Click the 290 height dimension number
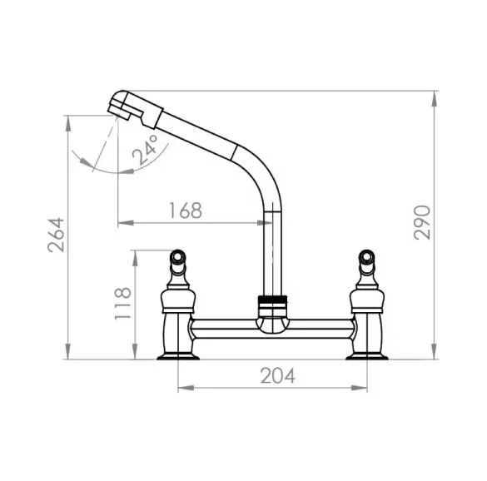click(x=422, y=222)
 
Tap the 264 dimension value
click(x=56, y=235)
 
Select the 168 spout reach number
click(x=186, y=211)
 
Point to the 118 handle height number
click(x=122, y=304)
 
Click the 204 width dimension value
click(x=278, y=376)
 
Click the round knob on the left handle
click(x=178, y=257)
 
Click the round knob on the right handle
click(x=366, y=257)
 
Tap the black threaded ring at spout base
click(x=272, y=300)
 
